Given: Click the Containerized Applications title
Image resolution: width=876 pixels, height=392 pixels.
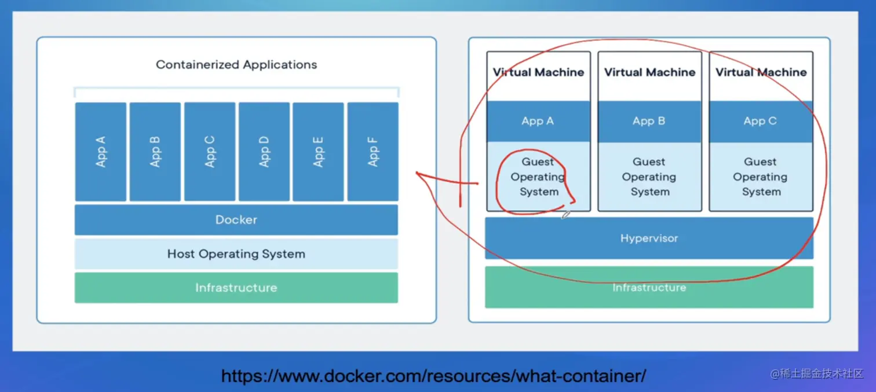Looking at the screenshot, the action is click(x=236, y=64).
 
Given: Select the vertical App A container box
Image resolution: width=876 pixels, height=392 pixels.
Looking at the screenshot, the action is click(x=100, y=152).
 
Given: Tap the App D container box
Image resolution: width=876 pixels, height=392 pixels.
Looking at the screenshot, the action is click(x=264, y=152).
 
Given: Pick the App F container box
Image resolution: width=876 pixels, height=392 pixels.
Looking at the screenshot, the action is click(x=373, y=152).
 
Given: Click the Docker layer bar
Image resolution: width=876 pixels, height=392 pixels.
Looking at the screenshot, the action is click(x=236, y=219).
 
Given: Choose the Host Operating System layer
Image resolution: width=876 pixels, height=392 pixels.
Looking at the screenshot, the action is click(x=236, y=254).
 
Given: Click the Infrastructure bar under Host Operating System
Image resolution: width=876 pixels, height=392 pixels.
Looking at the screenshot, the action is click(x=236, y=288).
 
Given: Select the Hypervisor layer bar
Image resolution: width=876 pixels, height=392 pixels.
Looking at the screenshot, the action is click(x=649, y=238).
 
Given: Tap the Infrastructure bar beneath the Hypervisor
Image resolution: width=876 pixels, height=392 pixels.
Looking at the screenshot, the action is click(x=649, y=287).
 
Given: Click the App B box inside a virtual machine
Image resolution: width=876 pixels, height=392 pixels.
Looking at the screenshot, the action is click(x=649, y=121).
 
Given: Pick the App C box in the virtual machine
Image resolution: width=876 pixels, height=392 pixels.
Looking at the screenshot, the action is click(x=761, y=121).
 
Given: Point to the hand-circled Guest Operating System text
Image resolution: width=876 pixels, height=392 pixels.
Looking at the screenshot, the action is click(x=538, y=177).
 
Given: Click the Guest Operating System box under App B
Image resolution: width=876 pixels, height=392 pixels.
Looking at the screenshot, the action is click(x=649, y=177).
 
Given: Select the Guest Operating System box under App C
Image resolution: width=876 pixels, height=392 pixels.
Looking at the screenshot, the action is click(x=761, y=177).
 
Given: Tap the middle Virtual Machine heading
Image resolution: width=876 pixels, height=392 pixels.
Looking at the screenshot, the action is click(x=649, y=72).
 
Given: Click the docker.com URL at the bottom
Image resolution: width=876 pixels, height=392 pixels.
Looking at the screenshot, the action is click(x=434, y=376).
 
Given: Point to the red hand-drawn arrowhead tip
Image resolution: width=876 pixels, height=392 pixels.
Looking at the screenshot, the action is click(x=416, y=173).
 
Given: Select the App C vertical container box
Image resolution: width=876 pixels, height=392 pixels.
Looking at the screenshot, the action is click(x=210, y=152).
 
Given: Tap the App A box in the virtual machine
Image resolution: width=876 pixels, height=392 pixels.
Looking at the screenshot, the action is click(x=538, y=121).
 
